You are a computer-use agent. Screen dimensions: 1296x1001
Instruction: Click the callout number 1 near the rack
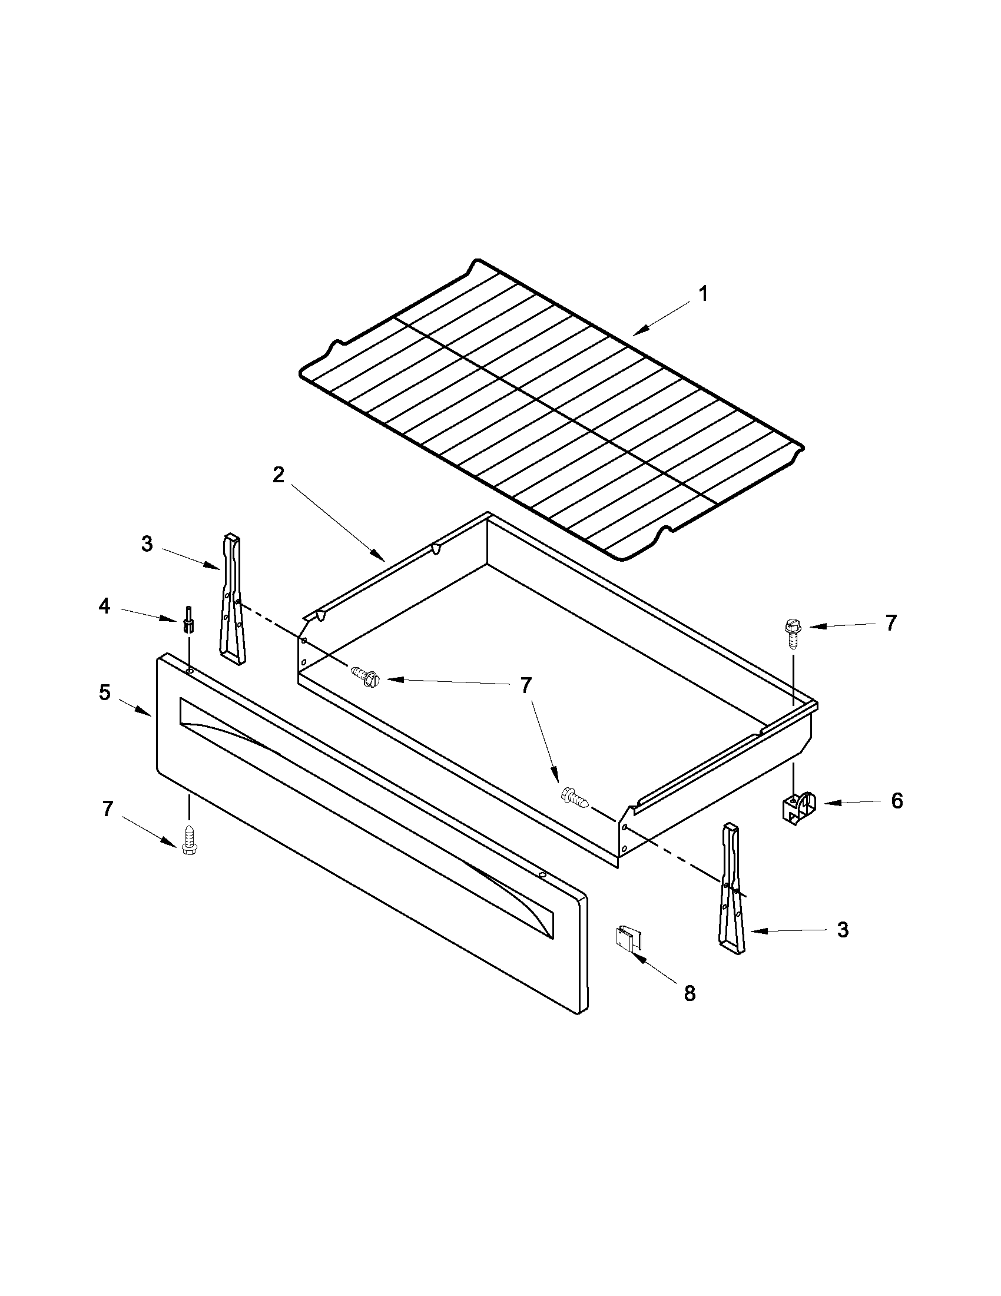pos(703,294)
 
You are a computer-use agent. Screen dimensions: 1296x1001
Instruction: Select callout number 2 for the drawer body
pos(279,475)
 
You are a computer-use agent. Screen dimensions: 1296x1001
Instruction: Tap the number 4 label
pos(104,606)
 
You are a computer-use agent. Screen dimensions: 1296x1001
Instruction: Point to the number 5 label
pos(104,692)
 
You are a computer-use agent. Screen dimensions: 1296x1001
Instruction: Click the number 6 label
pos(897,801)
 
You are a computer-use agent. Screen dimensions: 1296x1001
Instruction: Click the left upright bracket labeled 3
pos(232,599)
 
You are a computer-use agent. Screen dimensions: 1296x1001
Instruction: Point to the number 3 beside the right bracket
pos(843,930)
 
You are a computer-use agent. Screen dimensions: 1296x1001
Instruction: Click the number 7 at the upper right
pos(891,623)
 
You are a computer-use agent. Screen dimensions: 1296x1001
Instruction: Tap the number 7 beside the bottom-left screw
pos(107,809)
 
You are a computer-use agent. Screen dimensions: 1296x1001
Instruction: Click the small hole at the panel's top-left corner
pos(189,670)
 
